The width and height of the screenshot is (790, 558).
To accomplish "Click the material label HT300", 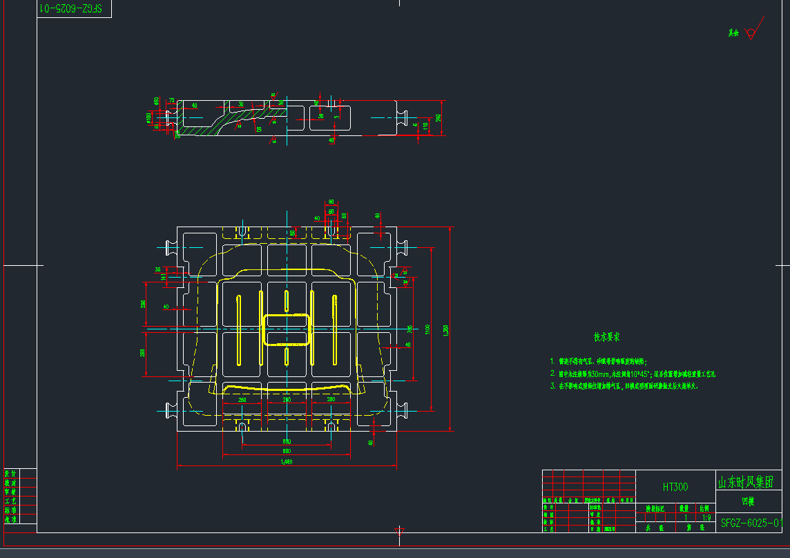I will [675, 487].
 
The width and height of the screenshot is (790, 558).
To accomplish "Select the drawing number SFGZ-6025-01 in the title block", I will [751, 523].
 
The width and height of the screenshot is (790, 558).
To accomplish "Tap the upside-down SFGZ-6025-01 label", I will [72, 8].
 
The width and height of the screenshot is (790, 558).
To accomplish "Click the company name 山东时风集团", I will [750, 481].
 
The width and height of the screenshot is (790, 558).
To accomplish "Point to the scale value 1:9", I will [706, 517].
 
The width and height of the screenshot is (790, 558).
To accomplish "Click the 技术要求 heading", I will [606, 338].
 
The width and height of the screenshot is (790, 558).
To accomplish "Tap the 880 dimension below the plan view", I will [286, 450].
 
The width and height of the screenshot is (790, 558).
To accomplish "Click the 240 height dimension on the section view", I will [438, 117].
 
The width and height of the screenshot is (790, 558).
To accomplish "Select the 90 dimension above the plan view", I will [331, 202].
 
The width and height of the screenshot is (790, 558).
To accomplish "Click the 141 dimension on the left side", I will [164, 277].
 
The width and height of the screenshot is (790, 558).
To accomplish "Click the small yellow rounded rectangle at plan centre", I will [286, 330].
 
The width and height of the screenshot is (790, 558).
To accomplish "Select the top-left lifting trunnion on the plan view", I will [168, 246].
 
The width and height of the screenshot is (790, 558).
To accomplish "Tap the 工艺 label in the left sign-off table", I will [11, 501].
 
